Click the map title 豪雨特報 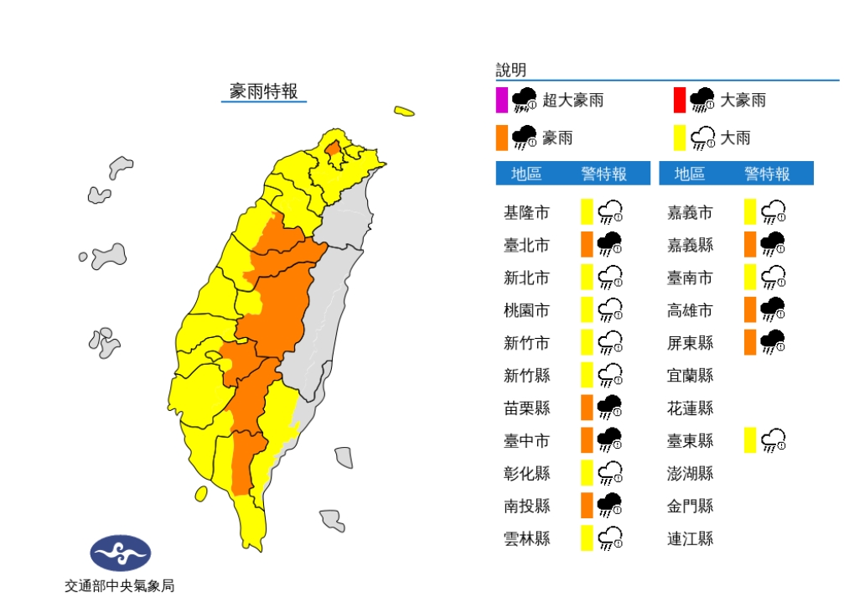coord(264,91)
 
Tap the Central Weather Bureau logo coord(121,553)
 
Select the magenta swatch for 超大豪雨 coord(501,100)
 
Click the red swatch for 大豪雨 coord(679,100)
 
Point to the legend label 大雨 coord(736,138)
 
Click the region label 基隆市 coord(526,213)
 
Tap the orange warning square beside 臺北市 coord(587,245)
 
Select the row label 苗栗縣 coord(526,408)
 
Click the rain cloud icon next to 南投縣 coord(609,505)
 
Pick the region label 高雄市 coord(690,310)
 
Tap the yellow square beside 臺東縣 coord(750,439)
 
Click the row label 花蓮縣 coord(690,408)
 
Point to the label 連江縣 coord(690,538)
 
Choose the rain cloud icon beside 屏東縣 coord(773,342)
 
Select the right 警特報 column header coord(767,174)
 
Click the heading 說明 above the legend coord(510,70)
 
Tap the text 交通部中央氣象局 coord(120,586)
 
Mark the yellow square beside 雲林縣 coord(587,538)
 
